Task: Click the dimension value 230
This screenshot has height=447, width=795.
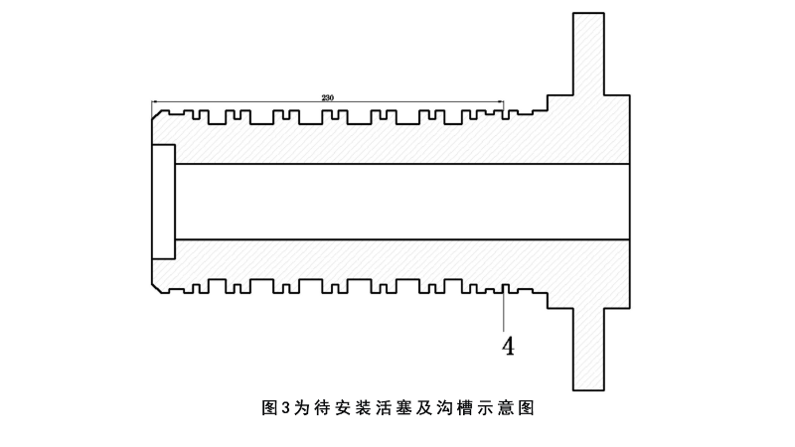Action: [x=328, y=97]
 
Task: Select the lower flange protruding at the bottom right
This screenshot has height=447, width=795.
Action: [x=588, y=348]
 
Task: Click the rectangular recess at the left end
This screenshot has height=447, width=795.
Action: [x=163, y=202]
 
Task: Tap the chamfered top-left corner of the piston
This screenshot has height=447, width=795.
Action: [x=155, y=116]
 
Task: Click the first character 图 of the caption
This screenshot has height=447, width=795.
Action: [x=268, y=408]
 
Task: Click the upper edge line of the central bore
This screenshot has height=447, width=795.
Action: [x=397, y=163]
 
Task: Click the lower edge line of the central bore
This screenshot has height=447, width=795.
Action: [x=397, y=240]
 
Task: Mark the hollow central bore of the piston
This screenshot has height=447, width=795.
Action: [x=397, y=202]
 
